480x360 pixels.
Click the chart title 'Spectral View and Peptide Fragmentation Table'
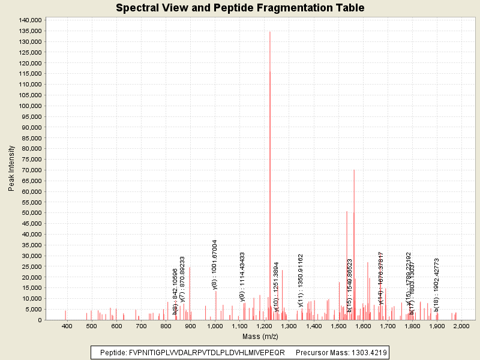coord(240,8)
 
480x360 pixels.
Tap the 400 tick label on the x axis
coord(67,326)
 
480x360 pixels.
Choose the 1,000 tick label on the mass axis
coord(215,326)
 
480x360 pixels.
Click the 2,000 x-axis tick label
coord(461,326)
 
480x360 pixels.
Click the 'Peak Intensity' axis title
coord(11,170)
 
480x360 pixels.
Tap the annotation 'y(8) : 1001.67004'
coord(215,265)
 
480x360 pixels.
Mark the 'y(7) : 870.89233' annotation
coord(182,280)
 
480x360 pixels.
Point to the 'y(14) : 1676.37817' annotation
coord(381,278)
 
